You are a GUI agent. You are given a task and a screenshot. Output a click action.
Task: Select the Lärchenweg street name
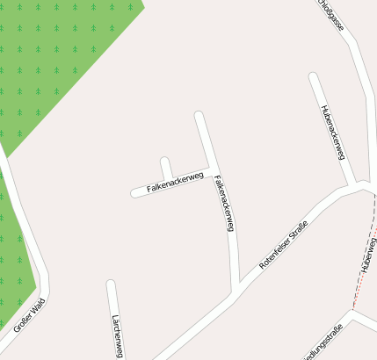click(117, 336)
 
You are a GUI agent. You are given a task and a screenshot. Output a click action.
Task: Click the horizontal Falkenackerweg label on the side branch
click(175, 182)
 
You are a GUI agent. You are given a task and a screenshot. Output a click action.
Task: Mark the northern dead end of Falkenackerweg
click(199, 115)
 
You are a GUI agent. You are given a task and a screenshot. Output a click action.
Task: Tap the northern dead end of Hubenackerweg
click(314, 76)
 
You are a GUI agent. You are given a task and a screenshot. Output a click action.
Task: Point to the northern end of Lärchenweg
click(111, 284)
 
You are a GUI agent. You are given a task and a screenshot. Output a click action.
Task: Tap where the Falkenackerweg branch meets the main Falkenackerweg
click(212, 167)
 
